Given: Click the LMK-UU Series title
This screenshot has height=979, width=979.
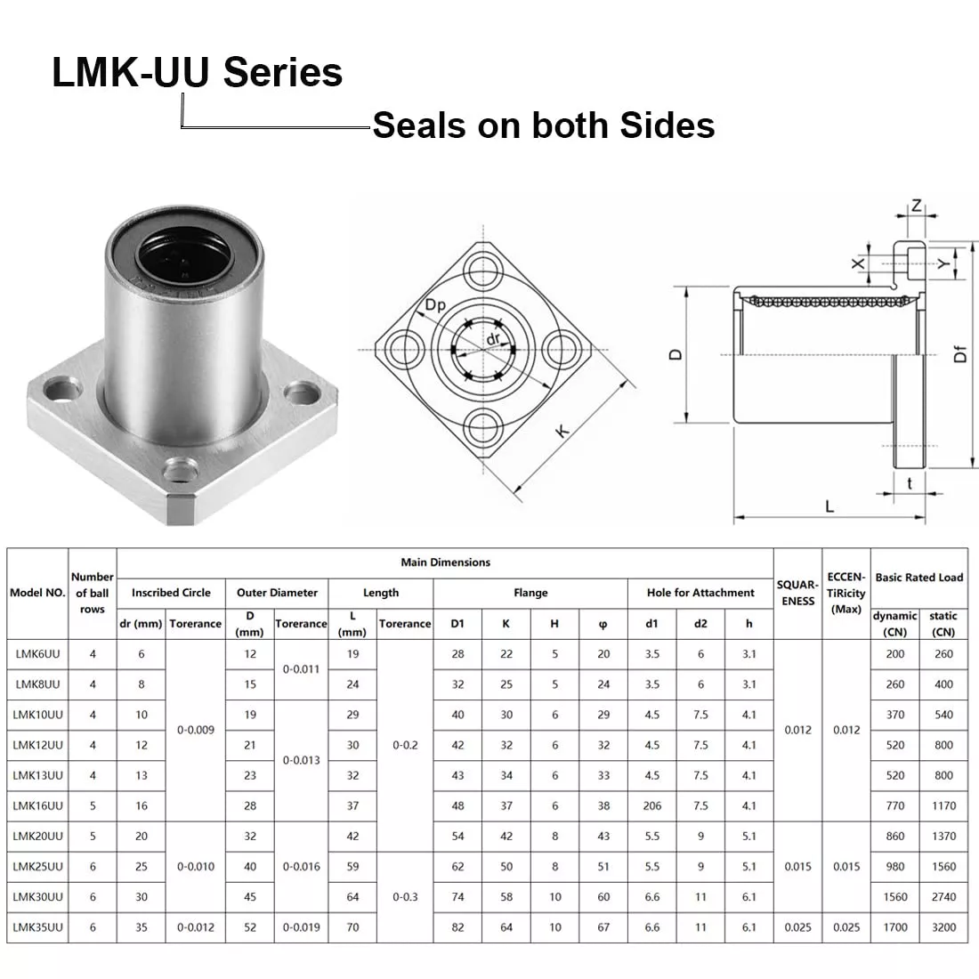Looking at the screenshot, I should click(x=197, y=72).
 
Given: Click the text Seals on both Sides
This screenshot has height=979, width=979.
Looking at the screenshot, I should click(x=543, y=125).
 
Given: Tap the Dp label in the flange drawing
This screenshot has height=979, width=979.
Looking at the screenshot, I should click(x=435, y=305).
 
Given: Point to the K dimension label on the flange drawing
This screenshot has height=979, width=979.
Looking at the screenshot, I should click(x=562, y=431).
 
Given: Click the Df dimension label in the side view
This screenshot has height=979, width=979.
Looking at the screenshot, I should click(x=960, y=354).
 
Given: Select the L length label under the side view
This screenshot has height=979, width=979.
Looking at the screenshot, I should click(x=829, y=507).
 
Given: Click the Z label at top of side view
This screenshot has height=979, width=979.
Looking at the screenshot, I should click(x=916, y=206).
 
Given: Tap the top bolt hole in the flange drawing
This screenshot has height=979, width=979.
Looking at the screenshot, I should click(x=485, y=265).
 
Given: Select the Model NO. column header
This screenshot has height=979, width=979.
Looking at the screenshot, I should click(x=37, y=593).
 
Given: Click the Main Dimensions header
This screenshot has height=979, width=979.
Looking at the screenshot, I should click(x=445, y=562).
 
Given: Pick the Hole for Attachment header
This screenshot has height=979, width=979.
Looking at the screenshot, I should click(x=700, y=593).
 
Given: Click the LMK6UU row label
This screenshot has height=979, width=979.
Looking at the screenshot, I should click(x=37, y=654).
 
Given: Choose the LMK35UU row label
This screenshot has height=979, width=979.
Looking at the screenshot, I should click(x=37, y=927).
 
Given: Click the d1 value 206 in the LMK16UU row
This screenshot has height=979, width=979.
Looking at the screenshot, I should click(x=652, y=805).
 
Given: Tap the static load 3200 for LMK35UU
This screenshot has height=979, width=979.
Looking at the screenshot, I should click(x=943, y=927).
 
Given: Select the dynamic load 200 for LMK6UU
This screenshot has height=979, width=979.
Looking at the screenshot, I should click(x=895, y=654).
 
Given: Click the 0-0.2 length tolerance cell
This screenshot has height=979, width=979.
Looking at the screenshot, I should click(x=405, y=745).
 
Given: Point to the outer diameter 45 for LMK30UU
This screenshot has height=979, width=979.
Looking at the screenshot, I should click(x=250, y=897).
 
